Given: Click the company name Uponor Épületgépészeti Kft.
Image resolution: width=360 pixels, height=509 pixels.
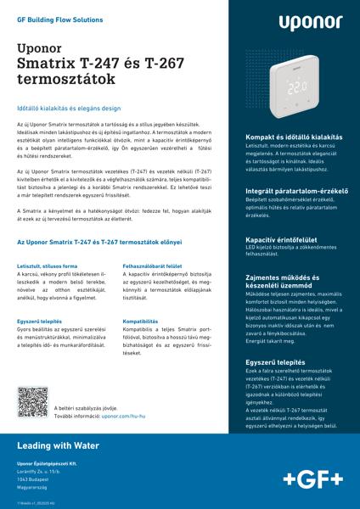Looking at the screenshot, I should point(47,464).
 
